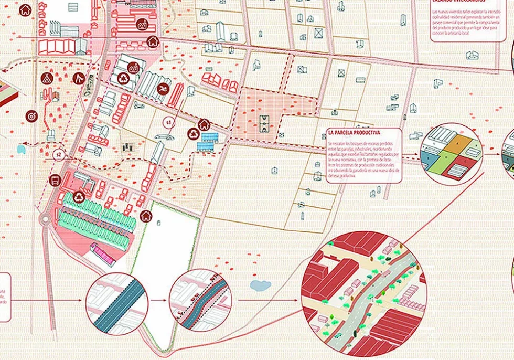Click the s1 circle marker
168,123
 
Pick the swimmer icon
164,88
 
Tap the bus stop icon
53,181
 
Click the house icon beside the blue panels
204,124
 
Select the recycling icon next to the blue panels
194,133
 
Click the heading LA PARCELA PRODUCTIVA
354,133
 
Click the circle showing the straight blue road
117,302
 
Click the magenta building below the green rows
103,255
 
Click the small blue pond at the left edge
20,149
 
